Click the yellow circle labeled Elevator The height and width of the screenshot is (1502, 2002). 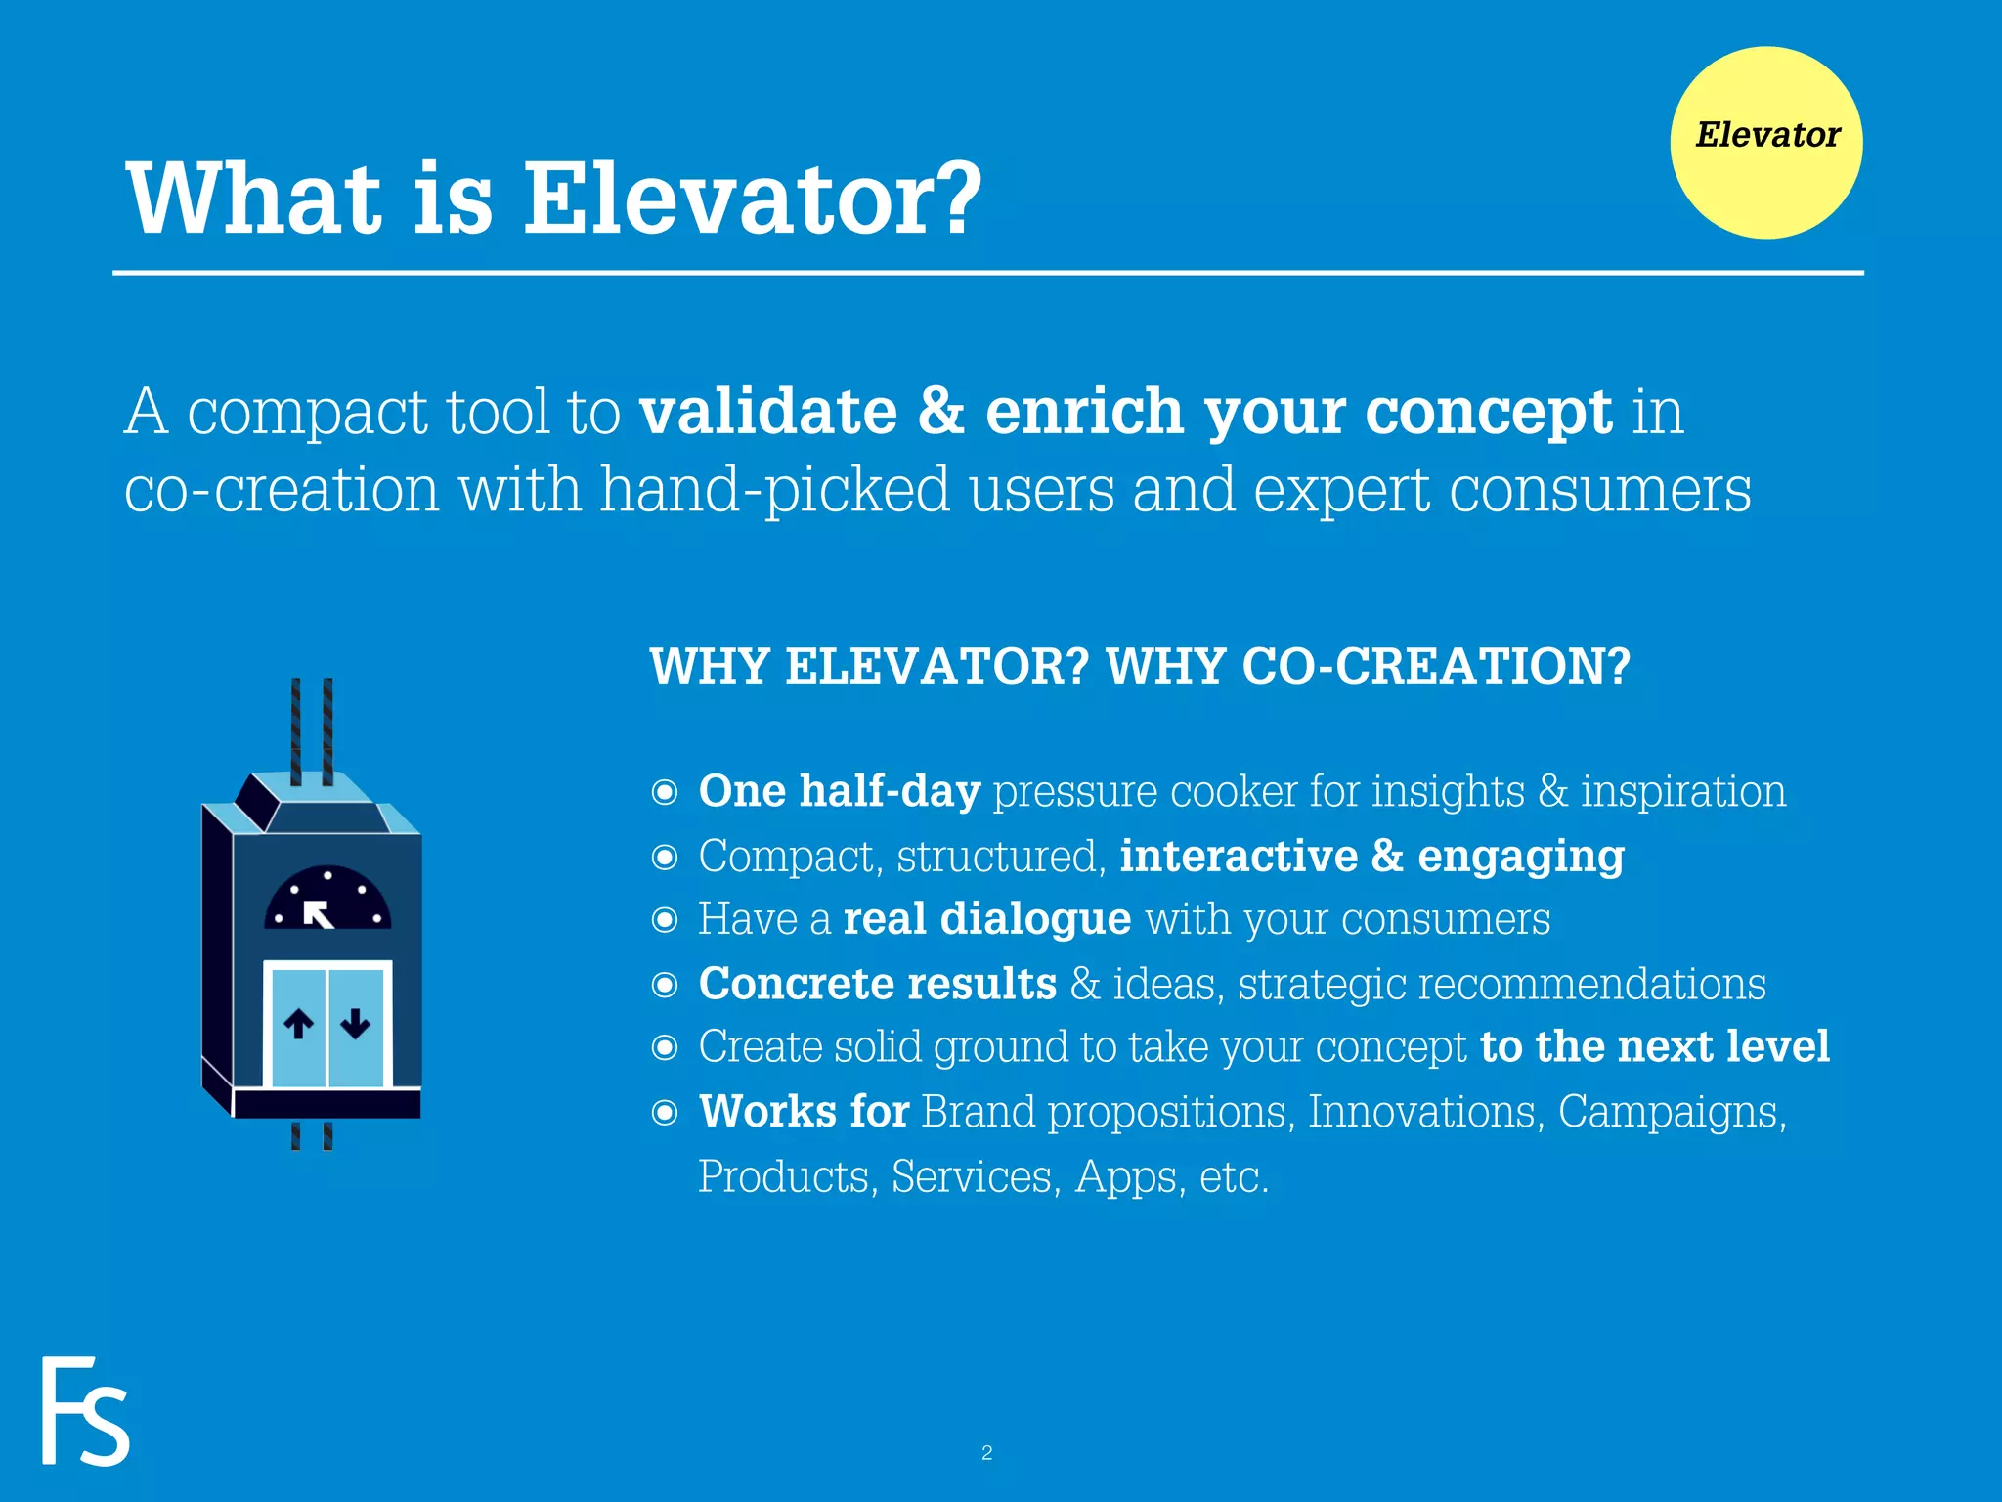[x=1765, y=143]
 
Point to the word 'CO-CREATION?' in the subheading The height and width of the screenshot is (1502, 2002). [x=1436, y=667]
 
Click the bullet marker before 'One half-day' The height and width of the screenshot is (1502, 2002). [x=665, y=792]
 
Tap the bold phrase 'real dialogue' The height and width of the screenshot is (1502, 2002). [x=986, y=919]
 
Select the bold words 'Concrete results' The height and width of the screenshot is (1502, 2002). [x=877, y=984]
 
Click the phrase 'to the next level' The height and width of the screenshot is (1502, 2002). [x=1654, y=1046]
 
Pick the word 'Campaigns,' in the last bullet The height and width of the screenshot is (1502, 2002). [x=1672, y=1112]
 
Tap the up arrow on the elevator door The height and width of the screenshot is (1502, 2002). [x=298, y=1024]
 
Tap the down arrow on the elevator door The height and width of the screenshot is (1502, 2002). [x=355, y=1023]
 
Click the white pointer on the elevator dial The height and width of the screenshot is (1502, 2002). [x=318, y=914]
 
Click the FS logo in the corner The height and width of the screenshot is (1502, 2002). [x=85, y=1410]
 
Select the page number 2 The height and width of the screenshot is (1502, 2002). [x=986, y=1453]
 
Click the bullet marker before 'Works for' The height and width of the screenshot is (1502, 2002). [x=665, y=1113]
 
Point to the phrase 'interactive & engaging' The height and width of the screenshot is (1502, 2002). [x=1371, y=856]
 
